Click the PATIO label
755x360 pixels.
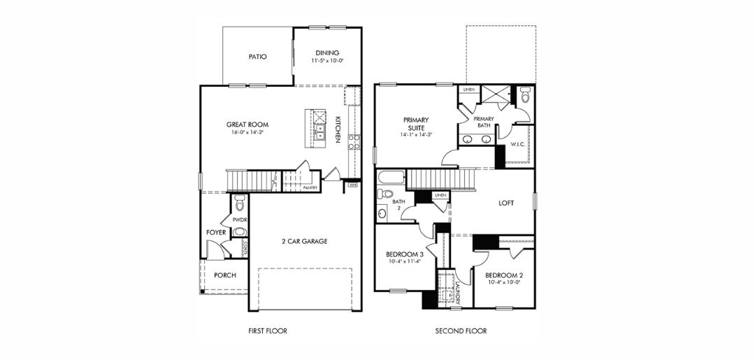[258, 57]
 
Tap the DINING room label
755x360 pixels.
[327, 52]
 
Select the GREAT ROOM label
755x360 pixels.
[247, 124]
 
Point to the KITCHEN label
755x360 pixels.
[337, 129]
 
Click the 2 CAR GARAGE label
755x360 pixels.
[305, 241]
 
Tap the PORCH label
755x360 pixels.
[225, 275]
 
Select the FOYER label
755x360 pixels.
[215, 232]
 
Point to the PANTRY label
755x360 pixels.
[311, 187]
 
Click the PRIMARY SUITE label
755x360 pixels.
[416, 124]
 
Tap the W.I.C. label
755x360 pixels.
[518, 145]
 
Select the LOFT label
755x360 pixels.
[506, 203]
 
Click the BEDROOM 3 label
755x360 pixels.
[405, 254]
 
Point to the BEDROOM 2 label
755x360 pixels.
[504, 275]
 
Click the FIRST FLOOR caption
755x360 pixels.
[268, 331]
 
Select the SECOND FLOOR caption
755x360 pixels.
[461, 331]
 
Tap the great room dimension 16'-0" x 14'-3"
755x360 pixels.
[247, 132]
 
